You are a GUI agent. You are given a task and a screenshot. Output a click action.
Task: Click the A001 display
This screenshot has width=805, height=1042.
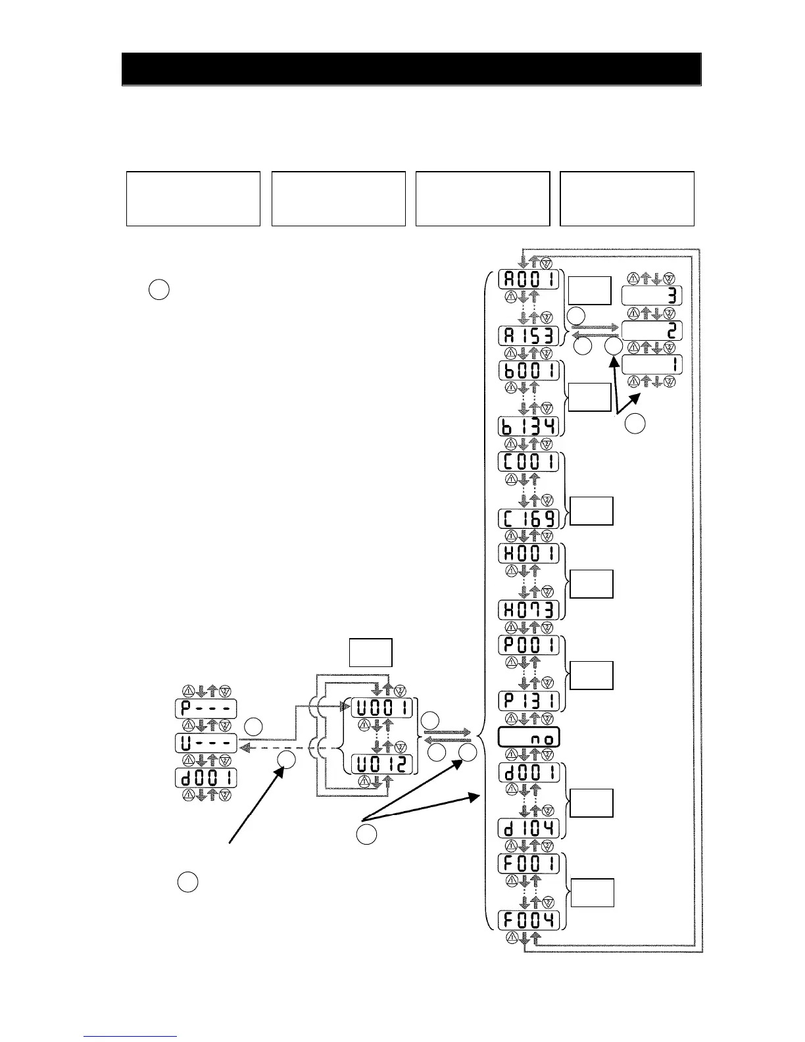tap(529, 279)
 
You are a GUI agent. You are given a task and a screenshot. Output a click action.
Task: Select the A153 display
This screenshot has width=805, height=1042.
tap(529, 336)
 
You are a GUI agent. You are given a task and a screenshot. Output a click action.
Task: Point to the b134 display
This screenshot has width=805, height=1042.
tap(529, 426)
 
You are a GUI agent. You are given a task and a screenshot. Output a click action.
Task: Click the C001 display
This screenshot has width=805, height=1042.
tap(529, 461)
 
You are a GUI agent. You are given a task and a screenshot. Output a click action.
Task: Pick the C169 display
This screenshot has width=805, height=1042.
tap(529, 518)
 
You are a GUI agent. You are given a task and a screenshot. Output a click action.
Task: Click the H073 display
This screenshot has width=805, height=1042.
tap(529, 610)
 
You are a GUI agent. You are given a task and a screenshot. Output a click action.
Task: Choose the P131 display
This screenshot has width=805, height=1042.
tap(529, 701)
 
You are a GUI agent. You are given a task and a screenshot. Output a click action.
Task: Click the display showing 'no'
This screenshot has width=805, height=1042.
tap(529, 737)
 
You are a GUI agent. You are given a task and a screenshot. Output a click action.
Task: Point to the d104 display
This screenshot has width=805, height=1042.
tap(529, 828)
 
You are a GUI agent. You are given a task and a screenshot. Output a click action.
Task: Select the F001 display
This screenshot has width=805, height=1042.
tap(529, 862)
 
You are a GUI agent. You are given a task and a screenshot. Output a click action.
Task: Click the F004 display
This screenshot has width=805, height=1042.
tap(529, 919)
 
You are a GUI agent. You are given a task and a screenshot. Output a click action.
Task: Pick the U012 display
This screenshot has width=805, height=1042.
tap(381, 764)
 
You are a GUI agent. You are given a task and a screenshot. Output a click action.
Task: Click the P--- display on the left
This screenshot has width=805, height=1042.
tap(206, 708)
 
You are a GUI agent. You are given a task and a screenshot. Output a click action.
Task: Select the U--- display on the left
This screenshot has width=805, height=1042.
tap(206, 743)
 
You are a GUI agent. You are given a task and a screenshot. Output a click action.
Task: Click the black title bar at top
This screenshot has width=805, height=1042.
tap(411, 69)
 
